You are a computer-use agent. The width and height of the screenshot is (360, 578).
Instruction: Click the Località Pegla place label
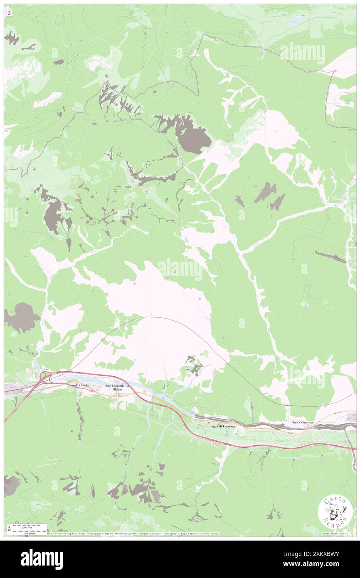tap(79, 385)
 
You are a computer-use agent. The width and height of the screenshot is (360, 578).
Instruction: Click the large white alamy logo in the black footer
tap(42, 559)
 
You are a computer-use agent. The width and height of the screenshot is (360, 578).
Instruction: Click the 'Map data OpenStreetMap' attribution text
tap(118, 534)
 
